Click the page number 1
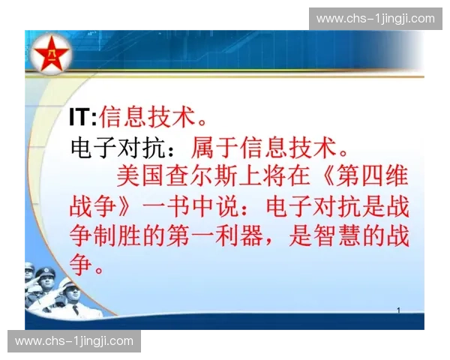point(398,310)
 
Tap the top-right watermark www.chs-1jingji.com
point(375,19)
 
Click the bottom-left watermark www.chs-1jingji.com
point(74,341)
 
